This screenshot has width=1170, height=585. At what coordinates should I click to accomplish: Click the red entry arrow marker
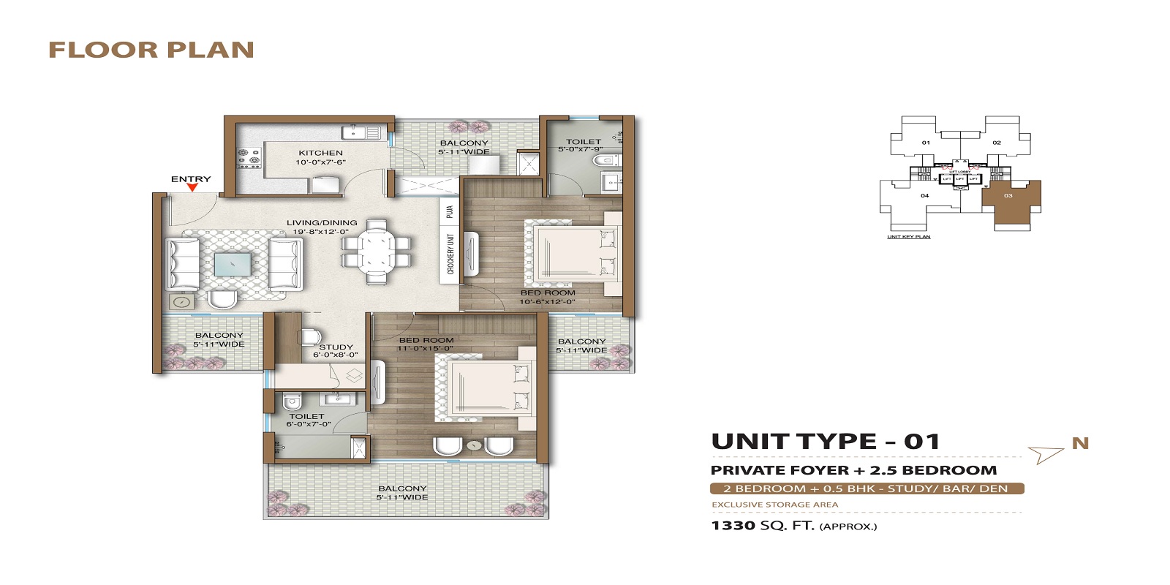pos(192,187)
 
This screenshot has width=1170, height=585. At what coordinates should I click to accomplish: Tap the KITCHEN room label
pos(320,153)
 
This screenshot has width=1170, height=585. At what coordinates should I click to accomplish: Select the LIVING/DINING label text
pos(322,222)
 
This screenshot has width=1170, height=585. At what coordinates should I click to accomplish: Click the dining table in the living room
pos(377,250)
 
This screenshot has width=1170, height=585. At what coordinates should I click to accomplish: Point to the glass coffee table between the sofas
pos(233,264)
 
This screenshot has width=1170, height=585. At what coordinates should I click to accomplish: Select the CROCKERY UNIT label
pos(450,254)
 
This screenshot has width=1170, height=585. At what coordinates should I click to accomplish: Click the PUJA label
pos(450,211)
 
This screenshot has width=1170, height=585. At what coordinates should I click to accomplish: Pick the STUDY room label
pos(336,347)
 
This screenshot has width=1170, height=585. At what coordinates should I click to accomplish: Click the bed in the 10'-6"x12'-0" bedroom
pos(575,252)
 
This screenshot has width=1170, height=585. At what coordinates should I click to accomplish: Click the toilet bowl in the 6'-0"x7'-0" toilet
pos(291,401)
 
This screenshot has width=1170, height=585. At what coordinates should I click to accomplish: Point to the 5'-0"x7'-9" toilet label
pos(583,146)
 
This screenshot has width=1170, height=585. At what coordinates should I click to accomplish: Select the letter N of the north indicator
pos(1080,443)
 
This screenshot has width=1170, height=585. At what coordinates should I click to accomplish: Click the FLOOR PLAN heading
pos(151,50)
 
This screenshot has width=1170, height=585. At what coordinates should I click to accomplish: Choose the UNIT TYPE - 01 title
pos(825,442)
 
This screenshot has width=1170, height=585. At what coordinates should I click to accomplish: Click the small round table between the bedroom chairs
pos(474,445)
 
